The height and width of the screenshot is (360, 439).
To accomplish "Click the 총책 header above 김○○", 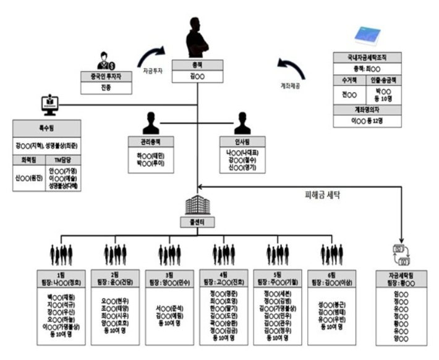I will pos(198,64).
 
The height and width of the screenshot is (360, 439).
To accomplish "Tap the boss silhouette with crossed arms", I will pos(198,37).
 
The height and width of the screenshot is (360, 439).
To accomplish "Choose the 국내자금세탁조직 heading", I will pos(367,58).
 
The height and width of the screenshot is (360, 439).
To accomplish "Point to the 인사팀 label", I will pos(242,140).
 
